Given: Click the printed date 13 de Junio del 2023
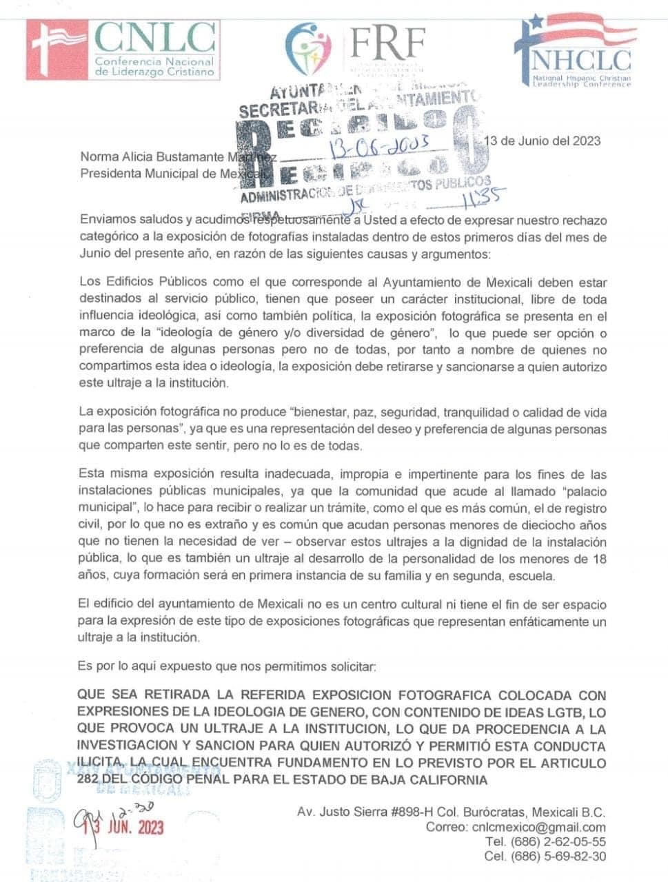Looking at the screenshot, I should click(543, 141).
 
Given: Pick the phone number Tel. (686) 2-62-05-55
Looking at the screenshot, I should click(545, 842).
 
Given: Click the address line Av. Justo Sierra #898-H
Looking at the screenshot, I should click(386, 812).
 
